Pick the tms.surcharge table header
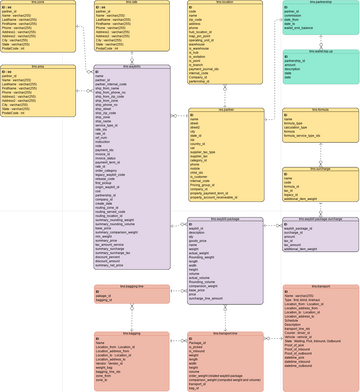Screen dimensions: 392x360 (x=321, y=168)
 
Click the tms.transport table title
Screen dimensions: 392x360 (x=321, y=286)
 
